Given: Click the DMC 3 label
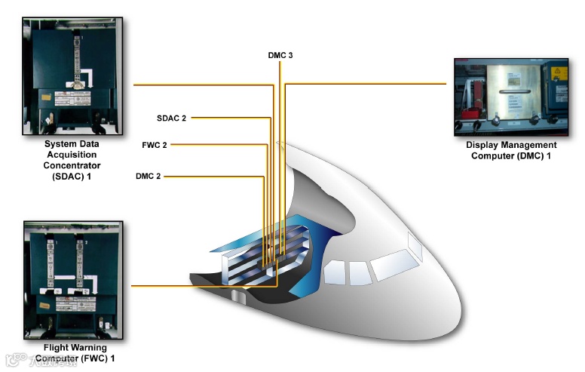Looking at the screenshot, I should (280, 55).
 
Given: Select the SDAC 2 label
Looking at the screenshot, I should (171, 118).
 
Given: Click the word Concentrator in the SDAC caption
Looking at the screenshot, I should (72, 164).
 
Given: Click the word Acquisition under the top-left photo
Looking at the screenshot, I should (72, 154).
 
